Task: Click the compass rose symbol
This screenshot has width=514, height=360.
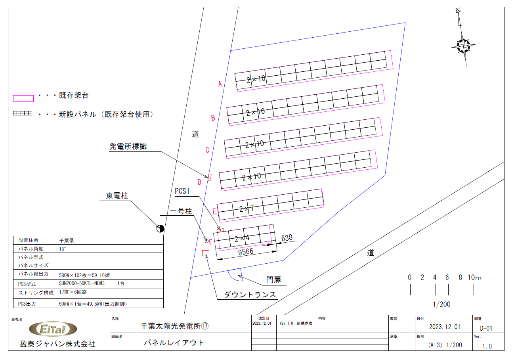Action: click(x=464, y=46)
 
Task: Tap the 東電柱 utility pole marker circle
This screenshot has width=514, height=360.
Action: click(x=160, y=229)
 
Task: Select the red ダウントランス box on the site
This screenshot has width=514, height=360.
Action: click(x=206, y=253)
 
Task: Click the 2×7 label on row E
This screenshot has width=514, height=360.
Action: click(x=246, y=209)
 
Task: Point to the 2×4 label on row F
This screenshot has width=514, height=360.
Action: click(x=242, y=239)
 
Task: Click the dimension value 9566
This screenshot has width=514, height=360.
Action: click(x=246, y=252)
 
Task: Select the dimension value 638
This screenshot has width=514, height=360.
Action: click(x=287, y=238)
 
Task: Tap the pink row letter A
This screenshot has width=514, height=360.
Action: click(x=220, y=84)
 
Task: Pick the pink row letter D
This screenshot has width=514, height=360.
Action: click(x=199, y=182)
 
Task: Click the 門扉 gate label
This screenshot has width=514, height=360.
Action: click(x=273, y=280)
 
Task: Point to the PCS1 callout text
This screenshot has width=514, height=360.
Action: click(x=182, y=191)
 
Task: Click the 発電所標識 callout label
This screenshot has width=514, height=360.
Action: click(x=128, y=146)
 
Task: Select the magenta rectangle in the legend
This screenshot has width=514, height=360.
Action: click(x=23, y=98)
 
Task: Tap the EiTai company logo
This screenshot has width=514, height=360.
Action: click(x=53, y=329)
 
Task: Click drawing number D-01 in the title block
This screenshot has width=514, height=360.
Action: click(x=486, y=328)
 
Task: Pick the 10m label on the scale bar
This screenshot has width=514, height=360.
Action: click(x=474, y=278)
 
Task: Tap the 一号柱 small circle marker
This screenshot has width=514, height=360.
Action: click(x=206, y=241)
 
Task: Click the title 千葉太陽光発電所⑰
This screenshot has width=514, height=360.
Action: click(x=175, y=326)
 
